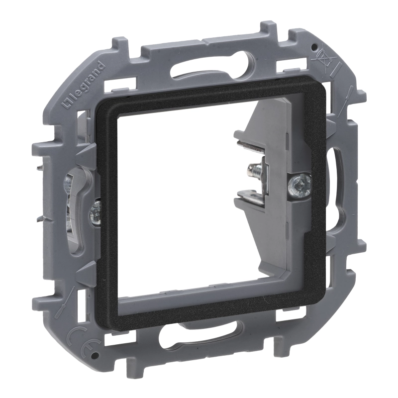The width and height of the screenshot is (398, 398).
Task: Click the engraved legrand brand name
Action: pos(83,84)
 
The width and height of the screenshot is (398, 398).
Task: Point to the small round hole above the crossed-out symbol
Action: pos(315,47)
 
